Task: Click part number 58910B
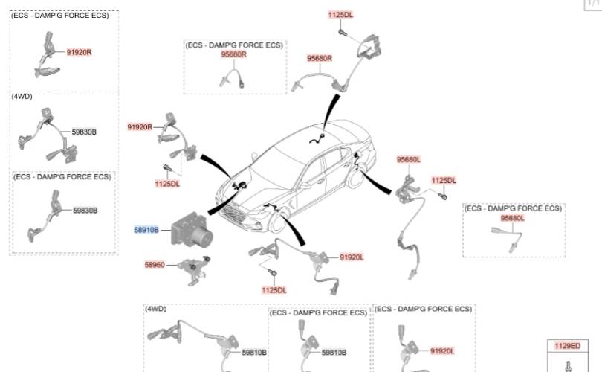click(x=146, y=231)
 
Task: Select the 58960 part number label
click(x=154, y=264)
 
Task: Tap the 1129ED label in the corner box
click(x=567, y=346)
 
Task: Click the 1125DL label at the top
click(x=341, y=15)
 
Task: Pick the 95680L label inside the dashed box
click(x=512, y=218)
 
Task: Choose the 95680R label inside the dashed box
click(x=233, y=54)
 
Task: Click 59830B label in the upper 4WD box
click(x=84, y=132)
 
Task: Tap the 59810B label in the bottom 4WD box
click(x=253, y=352)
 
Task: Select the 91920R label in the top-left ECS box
click(x=79, y=52)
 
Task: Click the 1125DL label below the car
click(x=274, y=289)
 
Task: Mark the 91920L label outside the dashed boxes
click(x=352, y=257)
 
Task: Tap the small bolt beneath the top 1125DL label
click(x=341, y=32)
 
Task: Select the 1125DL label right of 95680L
click(x=444, y=180)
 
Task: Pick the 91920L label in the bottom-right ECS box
click(x=441, y=350)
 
